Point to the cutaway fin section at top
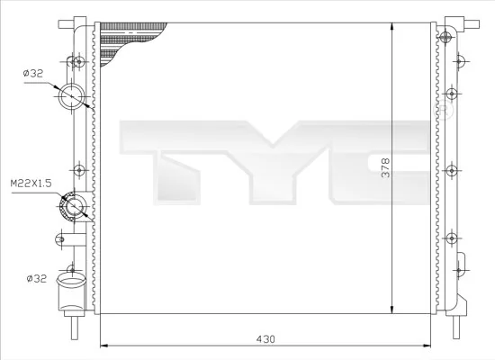click(135, 40)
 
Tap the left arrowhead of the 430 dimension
click(102, 344)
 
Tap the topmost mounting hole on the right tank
click(447, 36)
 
